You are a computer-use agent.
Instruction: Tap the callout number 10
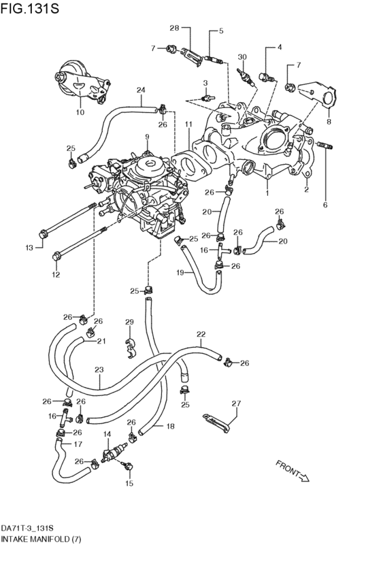80,112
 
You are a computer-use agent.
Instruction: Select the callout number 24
141,90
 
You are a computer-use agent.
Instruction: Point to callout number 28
173,28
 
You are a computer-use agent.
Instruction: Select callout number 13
29,248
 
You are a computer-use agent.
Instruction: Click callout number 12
56,275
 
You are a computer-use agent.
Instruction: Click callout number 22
201,334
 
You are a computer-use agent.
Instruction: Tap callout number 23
99,370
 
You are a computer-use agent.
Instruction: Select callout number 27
236,403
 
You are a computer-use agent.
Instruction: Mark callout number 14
107,434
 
